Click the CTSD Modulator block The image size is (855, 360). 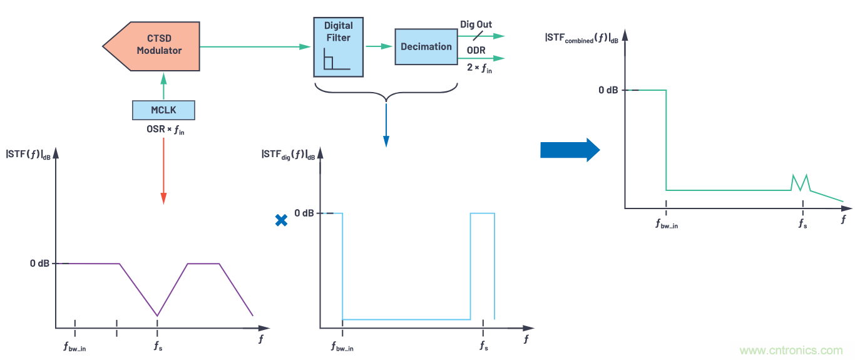click(153, 45)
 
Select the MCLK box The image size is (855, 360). click(163, 110)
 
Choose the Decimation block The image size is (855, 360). click(426, 46)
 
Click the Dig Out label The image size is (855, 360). click(476, 24)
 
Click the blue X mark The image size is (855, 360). click(282, 220)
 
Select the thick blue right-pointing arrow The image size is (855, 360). click(570, 150)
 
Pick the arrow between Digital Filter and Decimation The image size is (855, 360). click(379, 46)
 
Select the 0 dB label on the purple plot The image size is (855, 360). click(39, 264)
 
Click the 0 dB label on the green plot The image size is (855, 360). click(608, 90)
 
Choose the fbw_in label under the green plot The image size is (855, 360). click(666, 224)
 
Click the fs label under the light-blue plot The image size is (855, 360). click(483, 345)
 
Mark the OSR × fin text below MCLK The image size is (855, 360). click(163, 130)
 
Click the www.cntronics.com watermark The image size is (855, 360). click(791, 351)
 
